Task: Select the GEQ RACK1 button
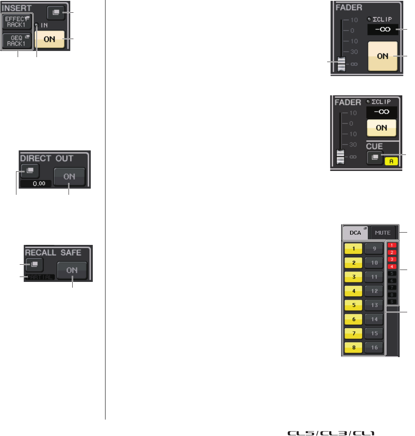pyautogui.click(x=17, y=40)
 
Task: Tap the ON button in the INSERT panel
pyautogui.click(x=50, y=40)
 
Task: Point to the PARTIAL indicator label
pyautogui.click(x=40, y=277)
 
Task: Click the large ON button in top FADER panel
pyautogui.click(x=383, y=56)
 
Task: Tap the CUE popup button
pyautogui.click(x=375, y=157)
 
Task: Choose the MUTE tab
pyautogui.click(x=383, y=233)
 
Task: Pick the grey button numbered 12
pyautogui.click(x=374, y=291)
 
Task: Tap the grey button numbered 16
pyautogui.click(x=374, y=347)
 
